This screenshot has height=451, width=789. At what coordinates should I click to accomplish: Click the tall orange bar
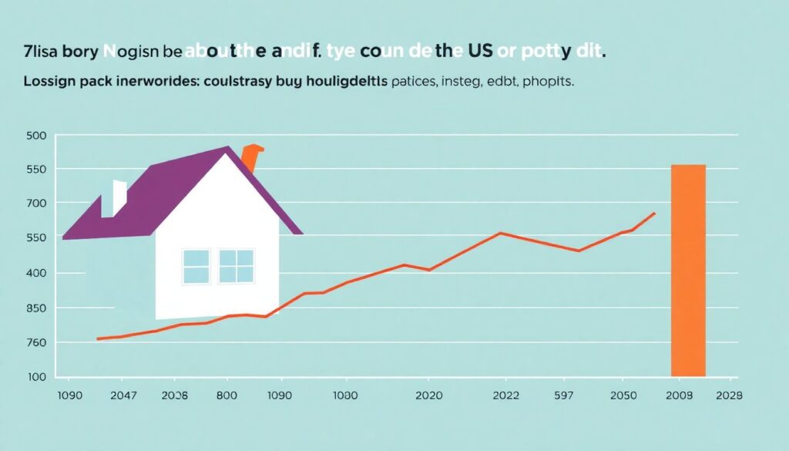click(688, 270)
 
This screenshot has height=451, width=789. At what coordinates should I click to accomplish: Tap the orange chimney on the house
click(250, 158)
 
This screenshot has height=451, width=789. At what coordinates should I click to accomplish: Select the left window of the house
click(196, 266)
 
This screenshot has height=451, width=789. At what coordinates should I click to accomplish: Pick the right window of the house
click(236, 266)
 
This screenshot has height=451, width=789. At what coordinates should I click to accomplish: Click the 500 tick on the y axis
click(37, 136)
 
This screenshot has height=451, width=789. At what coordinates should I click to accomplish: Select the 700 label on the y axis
click(37, 203)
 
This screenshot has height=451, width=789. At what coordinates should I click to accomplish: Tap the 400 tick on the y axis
click(37, 273)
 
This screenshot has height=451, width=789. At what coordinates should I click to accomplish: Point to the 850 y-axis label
click(37, 308)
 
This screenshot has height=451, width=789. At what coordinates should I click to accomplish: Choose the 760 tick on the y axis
click(37, 342)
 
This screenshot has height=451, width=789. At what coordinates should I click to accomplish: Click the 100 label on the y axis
click(37, 377)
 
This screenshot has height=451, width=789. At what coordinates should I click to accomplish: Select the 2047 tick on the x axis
click(123, 396)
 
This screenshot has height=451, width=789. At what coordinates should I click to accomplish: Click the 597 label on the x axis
click(565, 396)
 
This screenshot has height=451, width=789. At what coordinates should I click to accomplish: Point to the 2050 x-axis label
click(624, 396)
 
